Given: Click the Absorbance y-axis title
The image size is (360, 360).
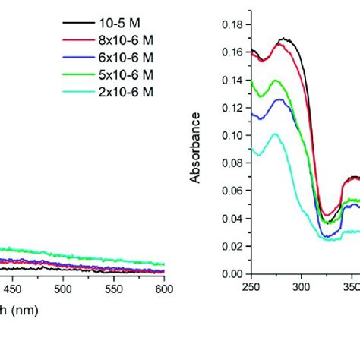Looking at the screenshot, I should [195, 147].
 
